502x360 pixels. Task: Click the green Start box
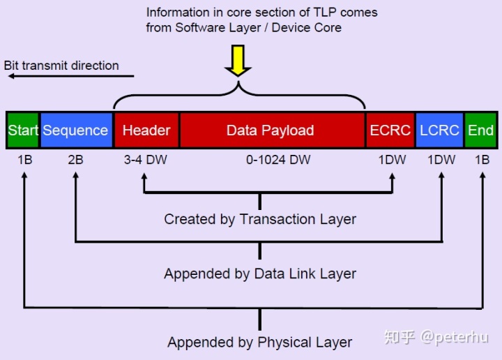coord(23,130)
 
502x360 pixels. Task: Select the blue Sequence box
coord(75,130)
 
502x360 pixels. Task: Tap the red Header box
coord(146,130)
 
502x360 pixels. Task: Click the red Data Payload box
coord(271,130)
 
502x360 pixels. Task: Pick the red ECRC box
coord(390,130)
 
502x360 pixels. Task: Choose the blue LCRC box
coord(439,130)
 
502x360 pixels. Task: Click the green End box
coord(481,130)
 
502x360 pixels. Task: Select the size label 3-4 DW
coord(146,160)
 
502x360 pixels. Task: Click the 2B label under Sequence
coord(75,160)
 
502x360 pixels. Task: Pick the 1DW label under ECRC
coord(392,160)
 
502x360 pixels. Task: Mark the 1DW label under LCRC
coord(441,160)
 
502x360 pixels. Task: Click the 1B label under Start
coord(24,160)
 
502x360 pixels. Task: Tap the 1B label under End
coord(482,160)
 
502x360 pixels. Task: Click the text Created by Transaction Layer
coord(260,219)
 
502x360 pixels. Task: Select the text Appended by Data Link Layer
coord(260,273)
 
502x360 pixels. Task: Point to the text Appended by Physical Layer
coord(260,343)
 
